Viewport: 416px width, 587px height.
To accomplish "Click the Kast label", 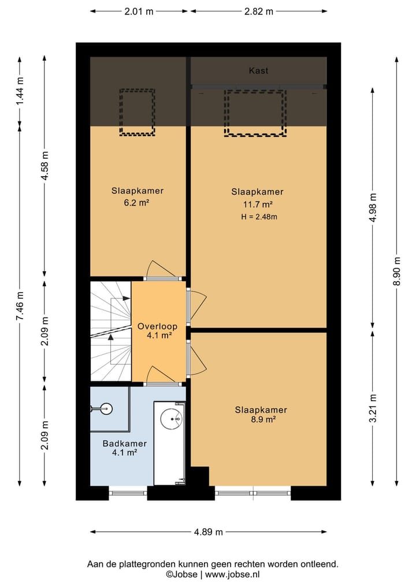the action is tap(259, 70).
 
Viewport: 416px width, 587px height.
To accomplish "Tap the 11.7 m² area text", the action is tap(258, 204).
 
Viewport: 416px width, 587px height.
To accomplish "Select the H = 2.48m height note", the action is tap(259, 216).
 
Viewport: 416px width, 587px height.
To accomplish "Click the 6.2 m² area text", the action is tap(137, 203).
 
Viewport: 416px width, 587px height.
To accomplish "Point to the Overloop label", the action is tap(157, 326).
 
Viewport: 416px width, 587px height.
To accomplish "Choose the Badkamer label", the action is tap(124, 444).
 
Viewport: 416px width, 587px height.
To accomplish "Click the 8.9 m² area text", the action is tap(263, 419).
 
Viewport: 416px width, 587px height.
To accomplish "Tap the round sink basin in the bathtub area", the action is tap(171, 418).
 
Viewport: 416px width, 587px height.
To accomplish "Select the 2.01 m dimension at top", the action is tap(139, 11).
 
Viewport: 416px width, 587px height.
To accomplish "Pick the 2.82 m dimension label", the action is tap(259, 11).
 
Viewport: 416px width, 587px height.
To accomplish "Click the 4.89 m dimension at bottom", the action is tap(209, 532).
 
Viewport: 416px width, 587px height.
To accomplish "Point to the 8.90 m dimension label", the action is tap(397, 271).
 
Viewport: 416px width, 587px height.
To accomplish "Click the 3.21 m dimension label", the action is tap(373, 408).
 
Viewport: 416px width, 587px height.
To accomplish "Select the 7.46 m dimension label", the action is tap(20, 306).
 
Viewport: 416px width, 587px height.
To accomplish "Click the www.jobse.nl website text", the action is tap(232, 574).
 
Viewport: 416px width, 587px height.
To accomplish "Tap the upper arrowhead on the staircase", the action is tap(127, 298).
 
